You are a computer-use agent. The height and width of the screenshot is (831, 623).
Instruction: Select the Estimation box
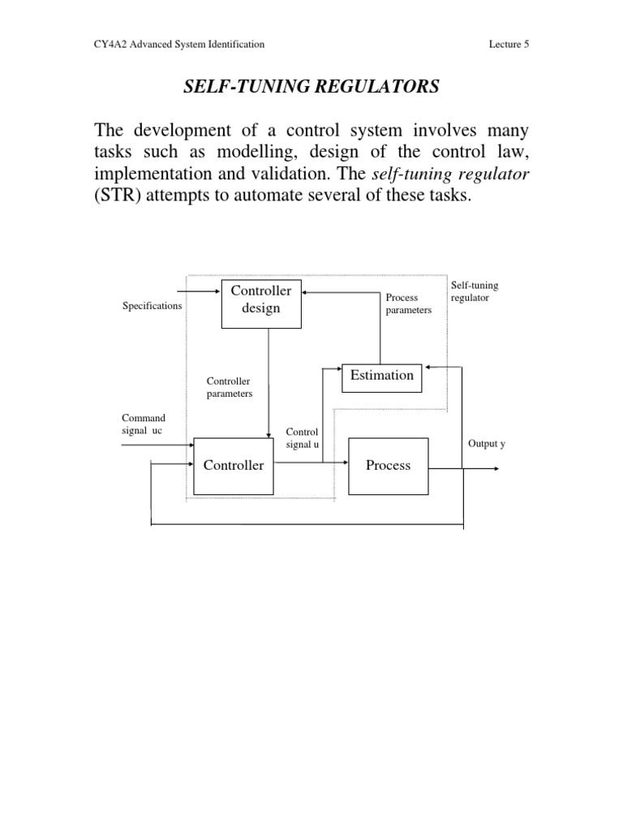coord(381,375)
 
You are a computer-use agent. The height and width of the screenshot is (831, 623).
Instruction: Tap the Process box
coord(388,465)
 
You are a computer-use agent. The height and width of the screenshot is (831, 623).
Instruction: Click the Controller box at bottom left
coord(233,465)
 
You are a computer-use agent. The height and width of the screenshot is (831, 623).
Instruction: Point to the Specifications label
coord(152,306)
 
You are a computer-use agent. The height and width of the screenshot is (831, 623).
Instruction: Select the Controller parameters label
coord(230,387)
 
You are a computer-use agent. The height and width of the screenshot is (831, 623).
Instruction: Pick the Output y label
coord(487,444)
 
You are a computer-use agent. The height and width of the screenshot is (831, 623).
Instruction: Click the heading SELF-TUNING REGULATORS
coord(311,87)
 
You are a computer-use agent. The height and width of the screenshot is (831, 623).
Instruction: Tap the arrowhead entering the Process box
coord(344,465)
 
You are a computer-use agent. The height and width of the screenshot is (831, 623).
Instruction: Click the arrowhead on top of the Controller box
coord(269,435)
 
